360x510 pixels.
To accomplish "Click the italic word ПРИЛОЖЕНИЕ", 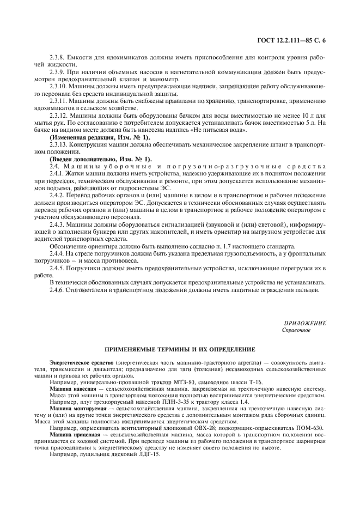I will (x=305, y=324).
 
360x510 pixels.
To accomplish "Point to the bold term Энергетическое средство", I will (x=81, y=363).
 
